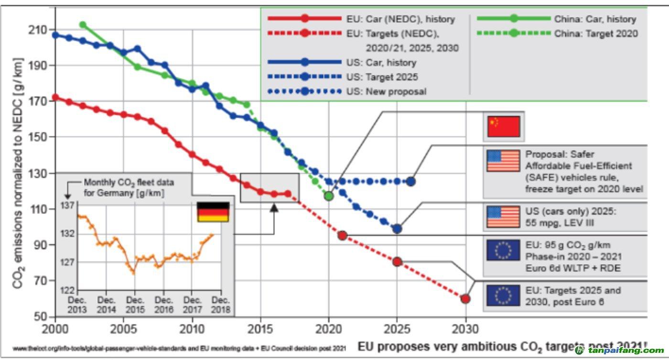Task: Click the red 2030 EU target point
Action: pyautogui.click(x=465, y=299)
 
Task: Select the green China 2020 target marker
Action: pyautogui.click(x=328, y=196)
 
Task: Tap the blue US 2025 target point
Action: pyautogui.click(x=397, y=229)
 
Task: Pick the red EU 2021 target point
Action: pyautogui.click(x=342, y=235)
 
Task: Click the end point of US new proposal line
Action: pyautogui.click(x=410, y=182)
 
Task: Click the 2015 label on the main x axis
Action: pyautogui.click(x=260, y=329)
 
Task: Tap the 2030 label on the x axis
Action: pyautogui.click(x=465, y=329)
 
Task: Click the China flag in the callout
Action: pyautogui.click(x=503, y=127)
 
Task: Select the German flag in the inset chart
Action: pyautogui.click(x=213, y=212)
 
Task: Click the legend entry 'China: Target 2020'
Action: pyautogui.click(x=595, y=34)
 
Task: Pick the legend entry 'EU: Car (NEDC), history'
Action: pyautogui.click(x=400, y=20)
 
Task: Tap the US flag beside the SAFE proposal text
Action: pyautogui.click(x=503, y=161)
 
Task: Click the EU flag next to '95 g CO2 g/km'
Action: pyautogui.click(x=503, y=250)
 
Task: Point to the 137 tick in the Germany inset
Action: pyautogui.click(x=68, y=206)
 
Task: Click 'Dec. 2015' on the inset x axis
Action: pyautogui.click(x=135, y=305)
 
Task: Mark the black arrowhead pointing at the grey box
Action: pyautogui.click(x=274, y=207)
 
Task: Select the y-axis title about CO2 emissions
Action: pyautogui.click(x=19, y=173)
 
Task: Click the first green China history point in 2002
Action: pyautogui.click(x=83, y=25)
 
